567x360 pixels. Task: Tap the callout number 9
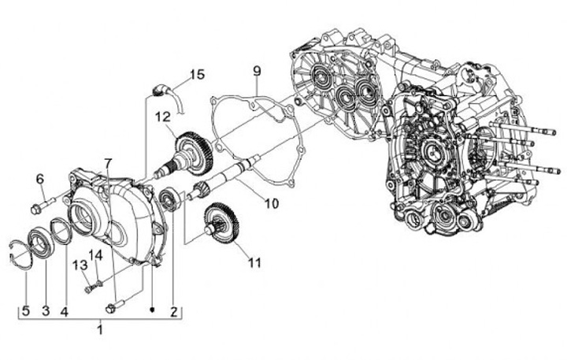pyautogui.click(x=257, y=72)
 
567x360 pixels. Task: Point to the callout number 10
pyautogui.click(x=271, y=203)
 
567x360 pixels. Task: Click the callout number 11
pyautogui.click(x=254, y=264)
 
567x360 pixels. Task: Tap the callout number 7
pyautogui.click(x=109, y=163)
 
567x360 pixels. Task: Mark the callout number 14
pyautogui.click(x=95, y=254)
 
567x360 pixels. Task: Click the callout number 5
pyautogui.click(x=25, y=311)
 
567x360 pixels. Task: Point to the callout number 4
pyautogui.click(x=65, y=311)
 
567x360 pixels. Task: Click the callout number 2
pyautogui.click(x=174, y=311)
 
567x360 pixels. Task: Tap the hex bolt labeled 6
pyautogui.click(x=36, y=209)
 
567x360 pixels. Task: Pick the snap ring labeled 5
pyautogui.click(x=21, y=257)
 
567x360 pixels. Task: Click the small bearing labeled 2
pyautogui.click(x=169, y=200)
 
